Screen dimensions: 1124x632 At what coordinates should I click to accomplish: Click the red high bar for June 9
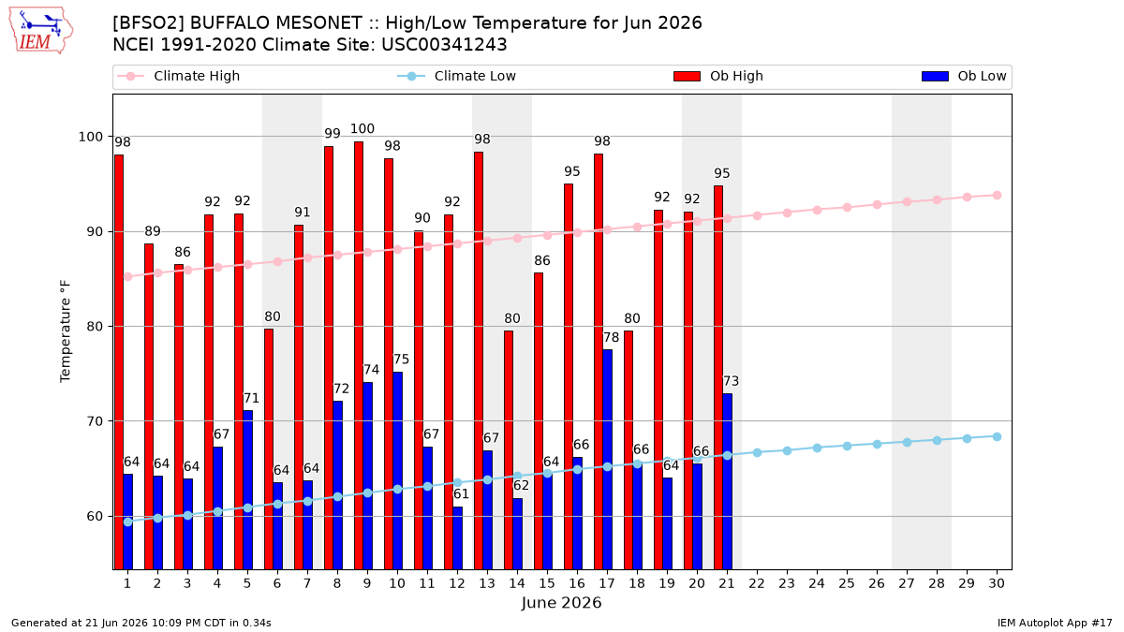358,355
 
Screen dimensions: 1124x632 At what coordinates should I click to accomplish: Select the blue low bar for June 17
607,460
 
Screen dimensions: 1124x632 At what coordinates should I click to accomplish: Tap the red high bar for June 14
509,450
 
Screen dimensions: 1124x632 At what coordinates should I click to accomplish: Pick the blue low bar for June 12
457,537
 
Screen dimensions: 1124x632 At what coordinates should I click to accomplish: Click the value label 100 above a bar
362,129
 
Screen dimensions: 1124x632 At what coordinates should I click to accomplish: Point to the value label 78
611,338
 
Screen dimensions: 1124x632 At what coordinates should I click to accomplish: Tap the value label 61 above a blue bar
461,494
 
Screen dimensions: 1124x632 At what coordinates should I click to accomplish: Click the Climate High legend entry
178,76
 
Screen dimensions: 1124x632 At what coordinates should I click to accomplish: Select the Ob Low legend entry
964,76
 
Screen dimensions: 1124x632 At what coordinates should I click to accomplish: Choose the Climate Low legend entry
457,76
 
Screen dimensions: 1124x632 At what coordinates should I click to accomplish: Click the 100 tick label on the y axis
90,137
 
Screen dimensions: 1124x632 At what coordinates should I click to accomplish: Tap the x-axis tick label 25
847,583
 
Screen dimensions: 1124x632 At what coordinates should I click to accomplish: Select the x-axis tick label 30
997,583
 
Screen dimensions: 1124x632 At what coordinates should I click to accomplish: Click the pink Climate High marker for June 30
997,195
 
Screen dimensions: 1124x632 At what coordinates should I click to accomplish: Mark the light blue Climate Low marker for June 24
817,448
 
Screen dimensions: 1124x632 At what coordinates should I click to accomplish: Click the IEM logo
41,31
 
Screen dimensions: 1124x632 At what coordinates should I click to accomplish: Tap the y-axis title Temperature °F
66,331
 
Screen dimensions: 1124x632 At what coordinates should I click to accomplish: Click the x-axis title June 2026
561,602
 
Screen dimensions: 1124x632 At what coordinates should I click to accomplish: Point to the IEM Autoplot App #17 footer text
1055,623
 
